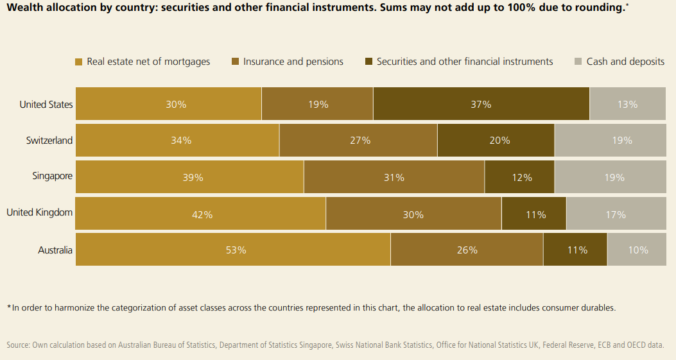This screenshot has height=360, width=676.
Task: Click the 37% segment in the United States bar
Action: click(481, 104)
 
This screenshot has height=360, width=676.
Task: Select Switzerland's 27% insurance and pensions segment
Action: click(358, 141)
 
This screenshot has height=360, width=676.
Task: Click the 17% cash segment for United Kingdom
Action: click(616, 214)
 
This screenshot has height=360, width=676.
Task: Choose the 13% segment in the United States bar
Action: click(627, 104)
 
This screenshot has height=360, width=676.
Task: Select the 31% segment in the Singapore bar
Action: click(394, 177)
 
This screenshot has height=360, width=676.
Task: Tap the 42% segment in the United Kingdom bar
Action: click(201, 214)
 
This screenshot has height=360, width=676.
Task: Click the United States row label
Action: click(46, 105)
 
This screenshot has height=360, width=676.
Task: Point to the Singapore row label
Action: click(53, 176)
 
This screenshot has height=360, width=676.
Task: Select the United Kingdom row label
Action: click(40, 212)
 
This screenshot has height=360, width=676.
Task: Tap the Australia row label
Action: click(55, 250)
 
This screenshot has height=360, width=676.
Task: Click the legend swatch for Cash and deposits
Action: click(578, 62)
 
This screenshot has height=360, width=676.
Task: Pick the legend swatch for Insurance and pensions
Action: click(235, 62)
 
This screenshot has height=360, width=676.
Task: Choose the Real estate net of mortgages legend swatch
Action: click(79, 62)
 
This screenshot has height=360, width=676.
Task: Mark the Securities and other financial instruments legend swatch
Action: click(368, 62)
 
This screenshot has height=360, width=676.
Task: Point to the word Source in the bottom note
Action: click(18, 345)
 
